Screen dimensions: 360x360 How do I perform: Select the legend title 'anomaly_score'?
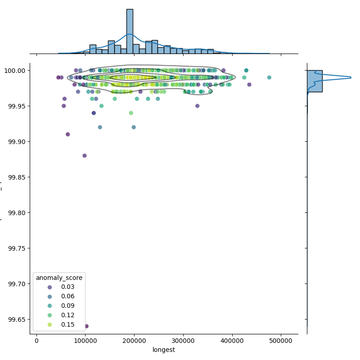[59, 277]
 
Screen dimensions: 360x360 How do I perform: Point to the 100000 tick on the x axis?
[85, 341]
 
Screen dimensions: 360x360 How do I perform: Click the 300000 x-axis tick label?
[183, 341]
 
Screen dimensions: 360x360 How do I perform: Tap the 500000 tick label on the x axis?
[281, 341]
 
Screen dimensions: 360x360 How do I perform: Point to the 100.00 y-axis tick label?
[16, 71]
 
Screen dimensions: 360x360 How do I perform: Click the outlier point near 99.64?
[86, 326]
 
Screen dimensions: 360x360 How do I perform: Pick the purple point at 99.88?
[84, 156]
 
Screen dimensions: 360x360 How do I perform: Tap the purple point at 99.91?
[67, 134]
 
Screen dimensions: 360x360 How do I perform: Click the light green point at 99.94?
[131, 113]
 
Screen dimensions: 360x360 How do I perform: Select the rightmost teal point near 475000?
[269, 77]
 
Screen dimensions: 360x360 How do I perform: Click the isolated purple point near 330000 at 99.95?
[197, 106]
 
